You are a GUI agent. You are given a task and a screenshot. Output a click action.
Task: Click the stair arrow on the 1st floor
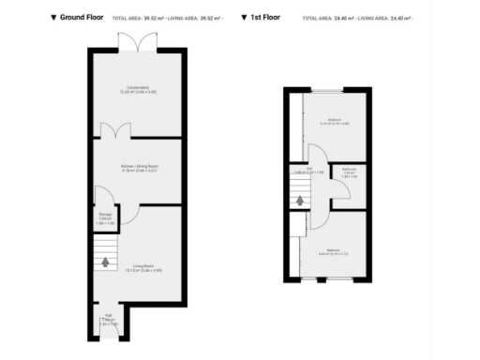coord(298,198)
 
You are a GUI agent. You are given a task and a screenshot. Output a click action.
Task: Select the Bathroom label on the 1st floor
coord(349,172)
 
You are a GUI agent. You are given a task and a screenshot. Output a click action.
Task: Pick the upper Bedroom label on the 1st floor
coord(327,122)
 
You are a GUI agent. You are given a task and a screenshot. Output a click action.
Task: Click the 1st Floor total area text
coord(361,18)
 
